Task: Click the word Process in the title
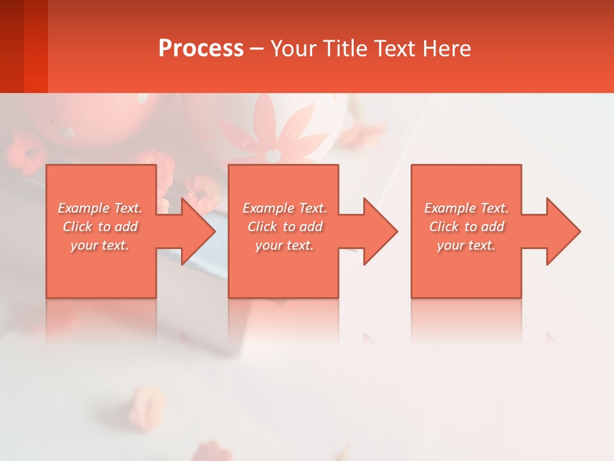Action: [x=201, y=49]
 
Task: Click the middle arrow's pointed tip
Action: [x=396, y=231]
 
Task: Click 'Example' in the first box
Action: [x=83, y=208]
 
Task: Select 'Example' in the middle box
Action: [x=268, y=208]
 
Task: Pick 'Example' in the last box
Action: [x=450, y=208]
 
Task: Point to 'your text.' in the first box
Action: [x=100, y=245]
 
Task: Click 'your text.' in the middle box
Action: [x=285, y=245]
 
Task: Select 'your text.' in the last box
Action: [x=466, y=245]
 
